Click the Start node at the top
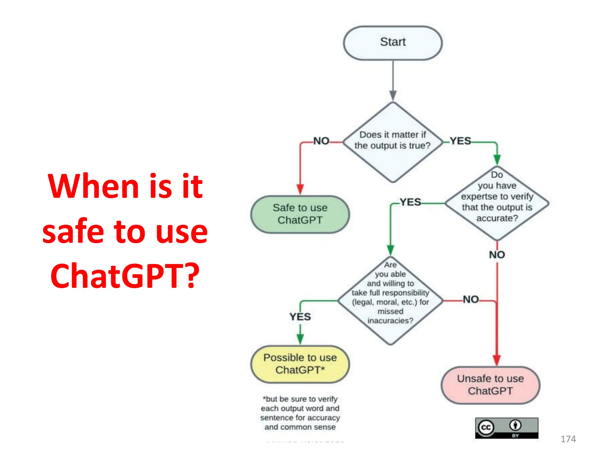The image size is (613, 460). (x=393, y=43)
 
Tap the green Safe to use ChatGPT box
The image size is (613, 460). (x=300, y=214)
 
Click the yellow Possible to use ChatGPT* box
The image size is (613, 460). (x=300, y=364)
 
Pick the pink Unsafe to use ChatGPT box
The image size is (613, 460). (x=490, y=385)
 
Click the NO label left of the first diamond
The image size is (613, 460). (x=321, y=141)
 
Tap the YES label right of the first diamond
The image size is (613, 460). (x=460, y=141)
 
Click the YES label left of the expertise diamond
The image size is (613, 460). (x=410, y=202)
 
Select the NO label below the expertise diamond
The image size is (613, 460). (x=497, y=255)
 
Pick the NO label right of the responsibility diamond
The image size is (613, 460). (x=471, y=299)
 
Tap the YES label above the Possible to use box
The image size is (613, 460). (x=300, y=317)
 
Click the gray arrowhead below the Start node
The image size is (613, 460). (x=393, y=96)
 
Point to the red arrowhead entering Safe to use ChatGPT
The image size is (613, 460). (x=300, y=190)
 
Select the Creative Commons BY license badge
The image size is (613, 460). (x=506, y=428)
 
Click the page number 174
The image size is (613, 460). (x=568, y=439)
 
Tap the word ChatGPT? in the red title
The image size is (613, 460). (x=125, y=276)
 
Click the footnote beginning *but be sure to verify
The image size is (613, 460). (x=300, y=413)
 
